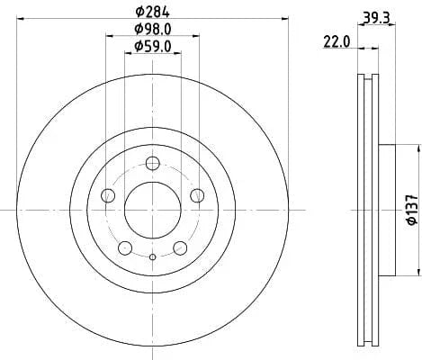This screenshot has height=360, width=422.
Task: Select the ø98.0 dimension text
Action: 151,30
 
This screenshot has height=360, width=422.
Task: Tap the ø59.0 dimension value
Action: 151,46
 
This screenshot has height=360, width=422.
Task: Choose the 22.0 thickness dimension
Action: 337,40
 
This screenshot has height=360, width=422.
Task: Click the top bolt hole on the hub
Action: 152,163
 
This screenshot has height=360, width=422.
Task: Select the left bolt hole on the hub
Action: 109,194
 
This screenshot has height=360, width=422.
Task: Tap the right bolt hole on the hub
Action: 196,195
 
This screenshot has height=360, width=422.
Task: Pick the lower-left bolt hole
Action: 125,247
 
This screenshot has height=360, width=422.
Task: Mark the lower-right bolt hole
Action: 179,247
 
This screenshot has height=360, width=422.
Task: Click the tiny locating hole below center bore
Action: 152,259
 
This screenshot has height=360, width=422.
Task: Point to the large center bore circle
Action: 152,209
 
